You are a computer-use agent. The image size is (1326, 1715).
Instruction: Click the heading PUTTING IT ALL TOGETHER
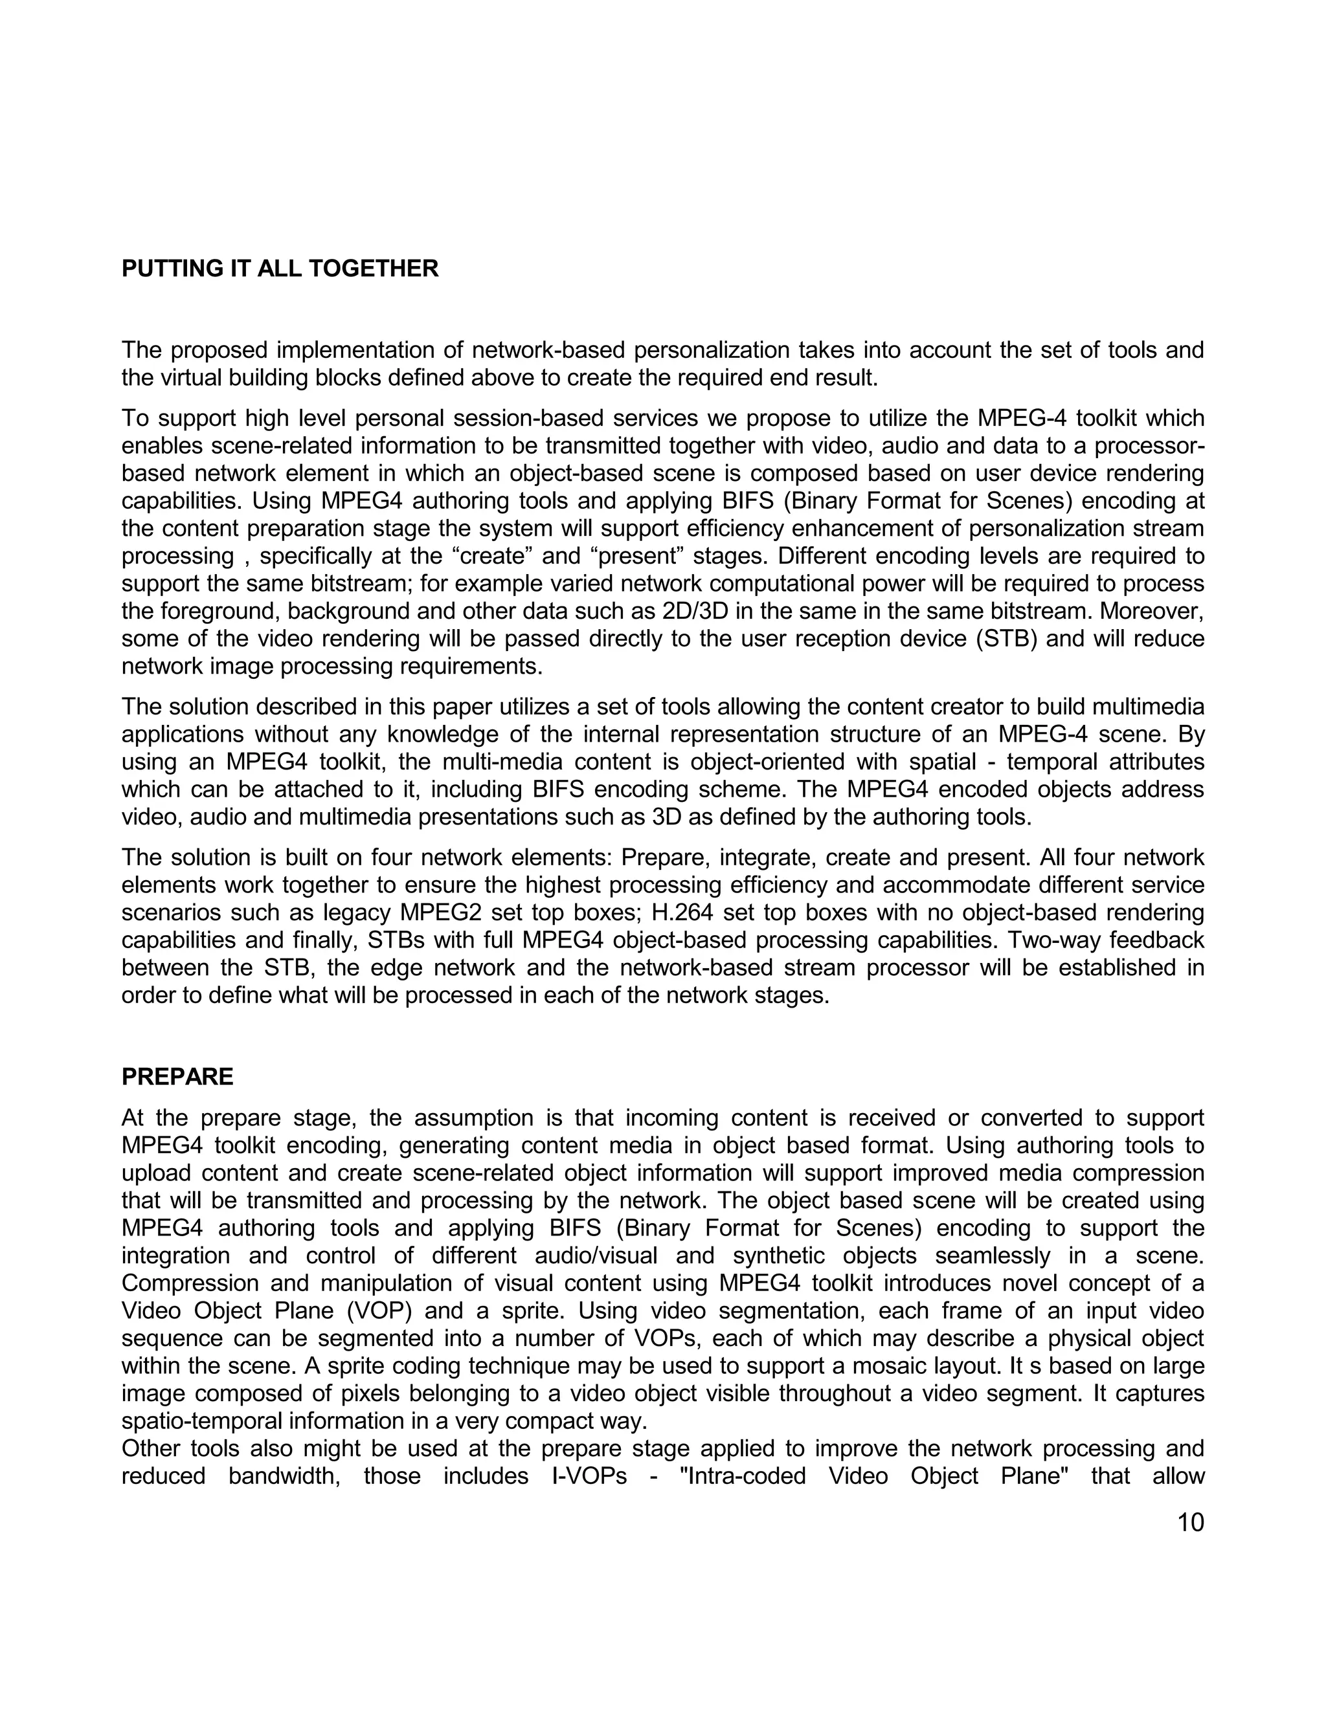[x=280, y=269]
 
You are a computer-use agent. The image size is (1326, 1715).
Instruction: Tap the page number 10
[x=1190, y=1523]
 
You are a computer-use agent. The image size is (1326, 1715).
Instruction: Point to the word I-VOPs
[x=583, y=1476]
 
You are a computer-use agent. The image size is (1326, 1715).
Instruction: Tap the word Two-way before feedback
[x=1057, y=940]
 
